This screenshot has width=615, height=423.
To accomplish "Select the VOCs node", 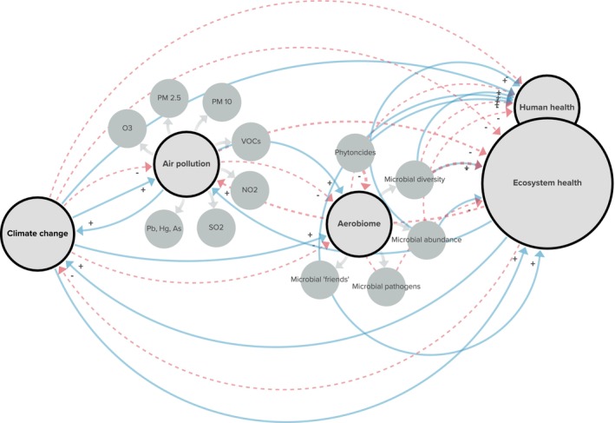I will (252, 141).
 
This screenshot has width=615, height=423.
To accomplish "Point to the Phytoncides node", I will (354, 152).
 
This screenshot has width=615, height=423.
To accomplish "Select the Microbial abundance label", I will (425, 239).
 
